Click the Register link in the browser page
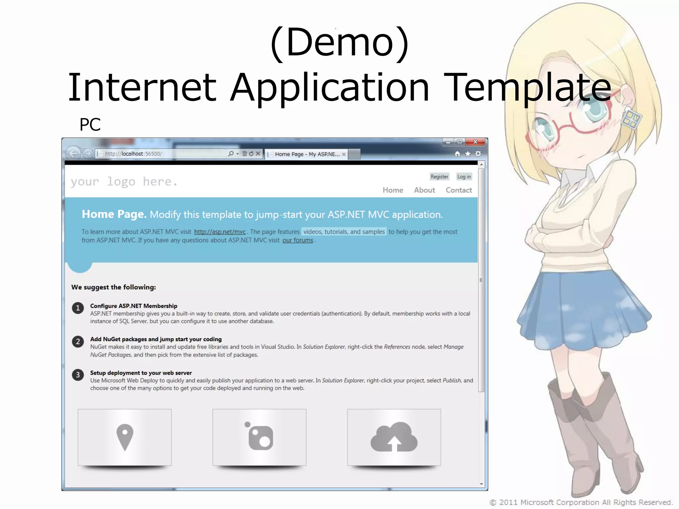pos(439,177)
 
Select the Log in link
pos(464,177)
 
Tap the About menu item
pos(424,190)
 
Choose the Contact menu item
pos(459,190)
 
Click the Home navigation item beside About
pos(393,190)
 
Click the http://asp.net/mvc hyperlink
pos(220,232)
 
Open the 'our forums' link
pos(297,240)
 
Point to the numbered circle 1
pos(78,308)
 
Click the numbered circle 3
pos(78,375)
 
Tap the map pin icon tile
pos(125,437)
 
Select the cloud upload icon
pos(394,437)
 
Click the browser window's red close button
pos(475,142)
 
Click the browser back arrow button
pos(73,153)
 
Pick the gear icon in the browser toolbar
pos(478,154)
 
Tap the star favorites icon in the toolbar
pos(468,154)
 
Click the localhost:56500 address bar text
pos(133,154)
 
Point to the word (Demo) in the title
pos(339,43)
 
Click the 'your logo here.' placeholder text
pos(124,182)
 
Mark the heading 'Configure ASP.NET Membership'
pos(134,306)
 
